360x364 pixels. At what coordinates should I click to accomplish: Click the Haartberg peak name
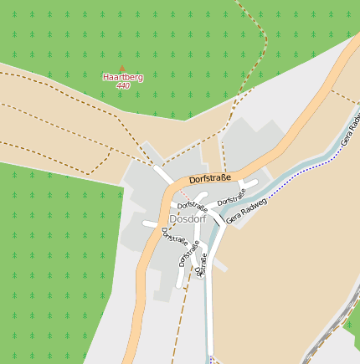[x=123, y=77]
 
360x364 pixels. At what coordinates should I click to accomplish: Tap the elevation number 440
[x=123, y=86]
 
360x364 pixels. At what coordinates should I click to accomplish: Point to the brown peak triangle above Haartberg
[x=121, y=69]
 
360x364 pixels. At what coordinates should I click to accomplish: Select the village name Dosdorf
[x=185, y=219]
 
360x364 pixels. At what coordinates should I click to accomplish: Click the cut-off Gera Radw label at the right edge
[x=351, y=130]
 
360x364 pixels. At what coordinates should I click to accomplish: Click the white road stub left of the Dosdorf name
[x=151, y=224]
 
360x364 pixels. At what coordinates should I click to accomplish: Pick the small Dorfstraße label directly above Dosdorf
[x=193, y=205]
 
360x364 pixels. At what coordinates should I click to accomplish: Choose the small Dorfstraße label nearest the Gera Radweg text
[x=232, y=199]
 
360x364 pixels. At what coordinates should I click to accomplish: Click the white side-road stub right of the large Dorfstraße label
[x=249, y=182]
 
